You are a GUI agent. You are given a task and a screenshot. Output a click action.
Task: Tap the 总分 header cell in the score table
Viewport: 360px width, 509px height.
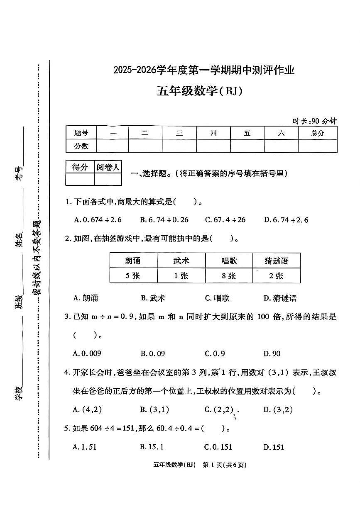pos(317,133)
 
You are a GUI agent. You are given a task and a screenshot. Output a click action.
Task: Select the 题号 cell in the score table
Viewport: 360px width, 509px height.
pos(81,133)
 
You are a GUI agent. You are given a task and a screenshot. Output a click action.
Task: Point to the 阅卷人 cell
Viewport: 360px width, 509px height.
pos(108,167)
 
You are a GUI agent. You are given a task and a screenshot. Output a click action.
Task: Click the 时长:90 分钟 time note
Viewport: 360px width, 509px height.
pos(314,121)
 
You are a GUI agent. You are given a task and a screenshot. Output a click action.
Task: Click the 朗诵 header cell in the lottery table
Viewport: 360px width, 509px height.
pos(133,261)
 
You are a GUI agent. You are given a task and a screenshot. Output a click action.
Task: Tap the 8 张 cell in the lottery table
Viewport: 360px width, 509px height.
pos(228,276)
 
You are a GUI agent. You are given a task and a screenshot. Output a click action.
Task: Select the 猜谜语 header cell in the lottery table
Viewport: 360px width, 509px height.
pos(276,261)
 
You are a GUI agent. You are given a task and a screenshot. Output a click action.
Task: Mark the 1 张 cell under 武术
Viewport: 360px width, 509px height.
pos(181,276)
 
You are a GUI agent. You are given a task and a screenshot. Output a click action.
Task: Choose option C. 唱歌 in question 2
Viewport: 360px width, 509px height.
pos(217,298)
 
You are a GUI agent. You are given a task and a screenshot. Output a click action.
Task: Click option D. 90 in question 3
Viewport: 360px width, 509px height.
pos(272,353)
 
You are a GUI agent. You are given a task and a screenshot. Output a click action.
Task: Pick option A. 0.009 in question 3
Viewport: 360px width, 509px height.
pos(87,353)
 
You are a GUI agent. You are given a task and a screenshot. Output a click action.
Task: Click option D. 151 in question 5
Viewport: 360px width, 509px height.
pos(274,447)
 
